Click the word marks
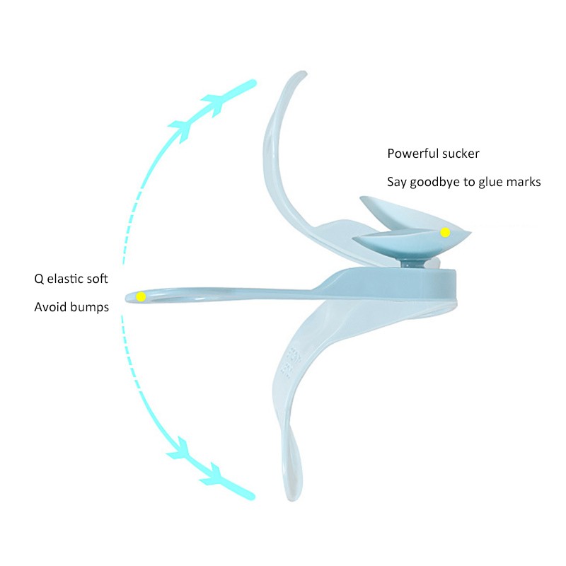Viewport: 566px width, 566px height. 526,182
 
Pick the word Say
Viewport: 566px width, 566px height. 396,182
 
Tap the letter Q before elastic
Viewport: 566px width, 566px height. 39,279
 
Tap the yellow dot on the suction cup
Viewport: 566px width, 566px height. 445,232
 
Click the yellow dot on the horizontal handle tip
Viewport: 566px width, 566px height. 141,296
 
